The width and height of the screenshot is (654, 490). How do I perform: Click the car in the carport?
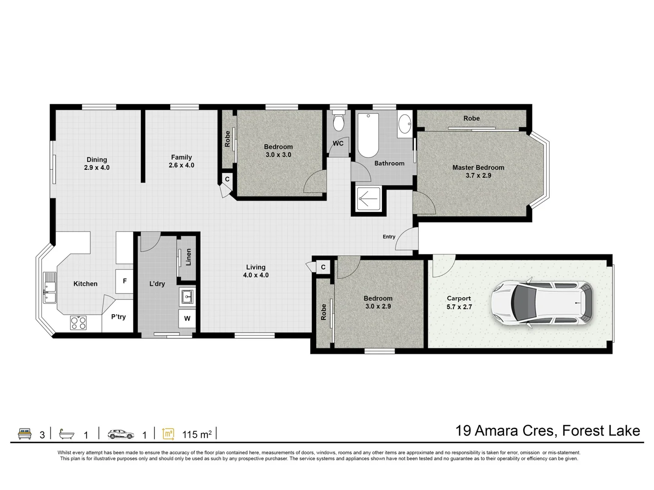tap(541, 303)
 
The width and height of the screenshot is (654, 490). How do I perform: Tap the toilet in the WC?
tap(338, 122)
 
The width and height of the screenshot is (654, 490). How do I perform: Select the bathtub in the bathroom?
tap(367, 135)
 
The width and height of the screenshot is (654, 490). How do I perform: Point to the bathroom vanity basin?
tap(404, 122)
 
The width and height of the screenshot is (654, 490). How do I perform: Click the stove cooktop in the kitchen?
tap(79, 323)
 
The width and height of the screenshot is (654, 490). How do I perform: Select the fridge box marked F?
tap(124, 281)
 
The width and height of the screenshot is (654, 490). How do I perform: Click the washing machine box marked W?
tap(187, 318)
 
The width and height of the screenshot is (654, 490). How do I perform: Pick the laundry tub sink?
tap(187, 297)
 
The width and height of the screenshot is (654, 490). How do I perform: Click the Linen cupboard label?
tap(188, 257)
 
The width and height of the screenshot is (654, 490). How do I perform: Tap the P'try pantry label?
tap(119, 317)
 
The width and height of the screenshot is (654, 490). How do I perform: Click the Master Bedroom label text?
tap(478, 167)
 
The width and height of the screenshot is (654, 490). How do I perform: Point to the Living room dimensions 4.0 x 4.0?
tap(256, 275)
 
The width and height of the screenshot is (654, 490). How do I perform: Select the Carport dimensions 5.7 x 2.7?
tap(459, 307)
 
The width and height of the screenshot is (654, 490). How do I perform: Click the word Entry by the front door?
tap(389, 236)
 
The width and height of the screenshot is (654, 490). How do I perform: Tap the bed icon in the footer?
tap(25, 434)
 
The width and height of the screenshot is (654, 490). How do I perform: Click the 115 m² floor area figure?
tap(197, 435)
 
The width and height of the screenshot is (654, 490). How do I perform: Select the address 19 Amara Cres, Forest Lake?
tap(548, 430)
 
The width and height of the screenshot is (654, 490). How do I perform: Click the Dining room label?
tap(97, 159)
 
